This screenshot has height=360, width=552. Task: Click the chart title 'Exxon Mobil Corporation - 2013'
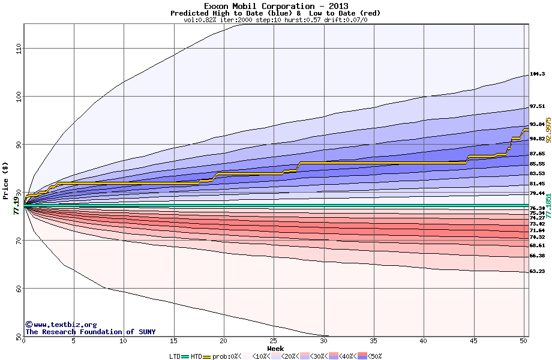275,6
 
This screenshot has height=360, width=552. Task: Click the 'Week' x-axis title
275,349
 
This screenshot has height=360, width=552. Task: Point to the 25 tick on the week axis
274,341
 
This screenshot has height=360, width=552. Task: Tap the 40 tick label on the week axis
424,341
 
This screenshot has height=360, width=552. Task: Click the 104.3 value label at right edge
537,74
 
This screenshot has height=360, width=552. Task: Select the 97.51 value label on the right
537,106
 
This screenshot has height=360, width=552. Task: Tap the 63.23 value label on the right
537,271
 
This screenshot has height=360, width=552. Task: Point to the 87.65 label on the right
537,154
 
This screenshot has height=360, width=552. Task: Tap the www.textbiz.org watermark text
61,325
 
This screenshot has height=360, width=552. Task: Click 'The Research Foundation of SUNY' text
90,332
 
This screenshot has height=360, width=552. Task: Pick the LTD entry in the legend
175,356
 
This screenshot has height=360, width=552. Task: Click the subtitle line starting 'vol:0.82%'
275,20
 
